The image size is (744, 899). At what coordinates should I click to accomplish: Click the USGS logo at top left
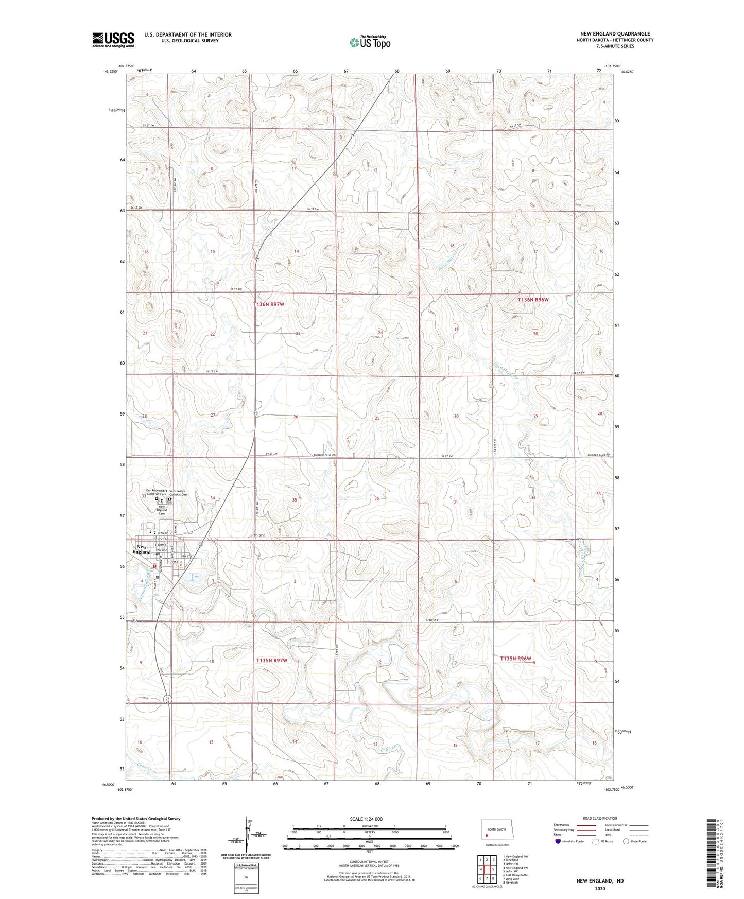click(113, 40)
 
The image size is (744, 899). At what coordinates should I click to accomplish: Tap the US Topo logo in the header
click(370, 42)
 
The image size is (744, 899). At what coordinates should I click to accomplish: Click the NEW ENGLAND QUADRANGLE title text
click(615, 34)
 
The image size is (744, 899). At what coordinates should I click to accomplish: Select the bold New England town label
click(141, 549)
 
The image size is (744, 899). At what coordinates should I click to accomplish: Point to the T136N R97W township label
click(268, 304)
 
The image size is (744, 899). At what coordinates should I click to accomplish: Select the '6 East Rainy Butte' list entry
click(515, 875)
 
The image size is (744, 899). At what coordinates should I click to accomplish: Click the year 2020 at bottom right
click(600, 889)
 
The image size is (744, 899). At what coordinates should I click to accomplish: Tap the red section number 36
click(377, 498)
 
